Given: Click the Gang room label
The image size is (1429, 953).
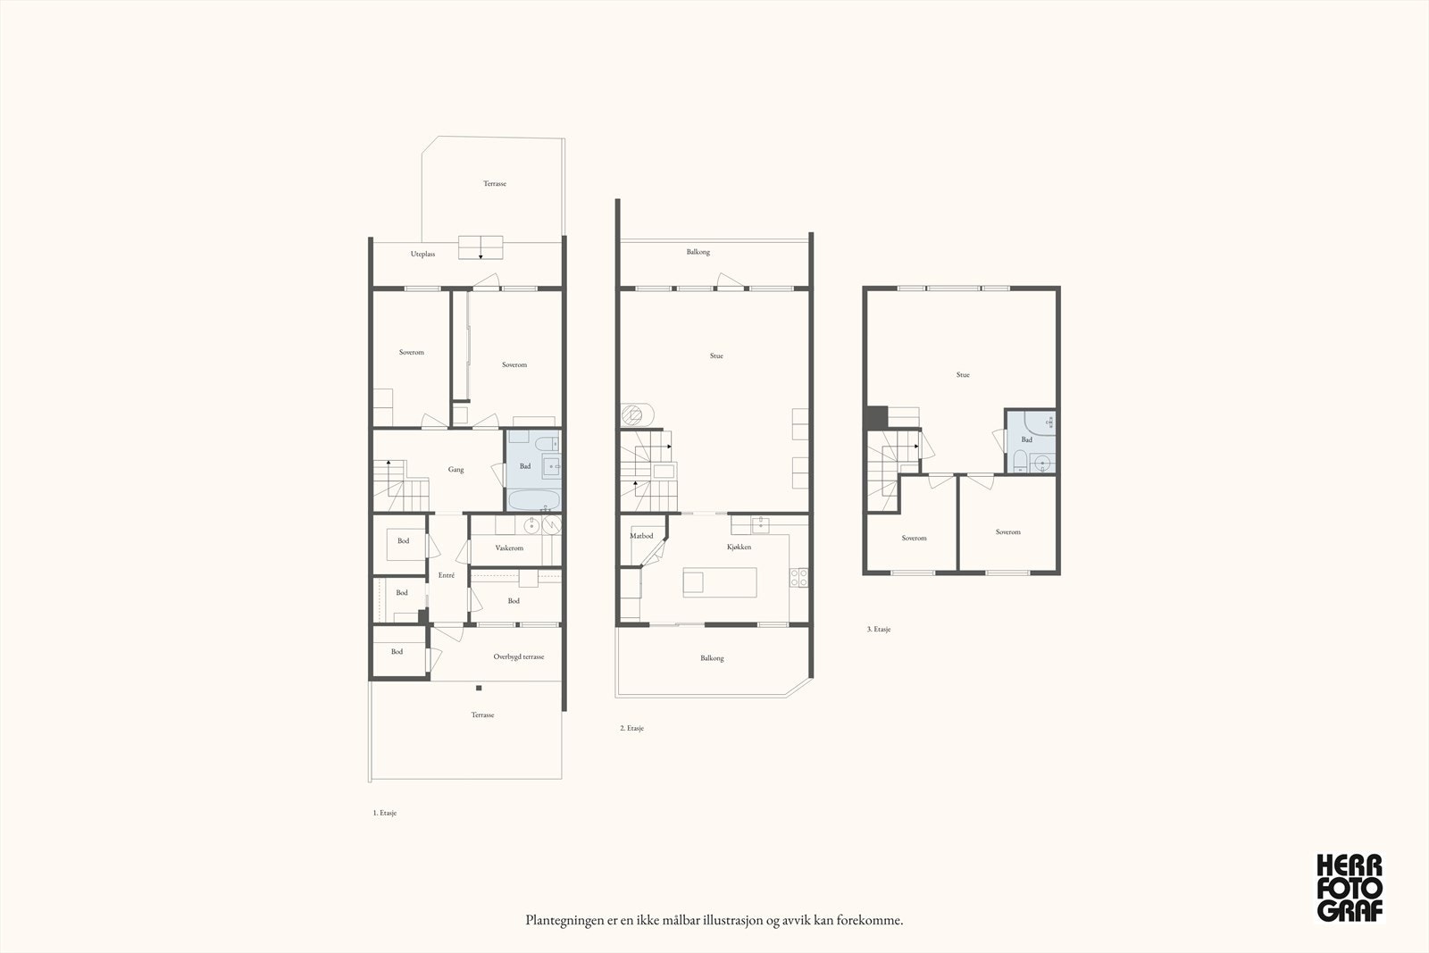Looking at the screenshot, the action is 455,470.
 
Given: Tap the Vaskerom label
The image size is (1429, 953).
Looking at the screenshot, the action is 509,548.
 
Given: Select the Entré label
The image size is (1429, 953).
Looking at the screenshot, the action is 447,575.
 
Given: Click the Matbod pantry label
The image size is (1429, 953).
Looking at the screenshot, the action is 641,536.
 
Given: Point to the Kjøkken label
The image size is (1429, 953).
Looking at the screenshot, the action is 739,547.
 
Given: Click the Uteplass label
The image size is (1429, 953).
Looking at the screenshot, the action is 423,254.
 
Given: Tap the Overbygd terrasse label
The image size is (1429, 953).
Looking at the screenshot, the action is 519,657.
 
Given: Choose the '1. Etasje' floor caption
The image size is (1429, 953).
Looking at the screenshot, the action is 385,813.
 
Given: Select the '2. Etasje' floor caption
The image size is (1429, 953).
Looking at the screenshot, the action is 631,728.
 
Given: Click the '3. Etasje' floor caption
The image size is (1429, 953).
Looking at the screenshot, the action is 879,629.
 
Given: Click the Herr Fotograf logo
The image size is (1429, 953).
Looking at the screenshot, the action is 1350,888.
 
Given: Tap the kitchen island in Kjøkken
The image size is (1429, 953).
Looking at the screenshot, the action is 720,582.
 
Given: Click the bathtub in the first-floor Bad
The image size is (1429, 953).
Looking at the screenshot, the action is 534,498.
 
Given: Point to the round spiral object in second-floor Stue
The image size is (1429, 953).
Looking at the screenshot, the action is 638,414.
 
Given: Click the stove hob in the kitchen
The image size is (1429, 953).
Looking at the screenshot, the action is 798,578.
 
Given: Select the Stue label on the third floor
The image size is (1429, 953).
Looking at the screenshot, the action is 963,375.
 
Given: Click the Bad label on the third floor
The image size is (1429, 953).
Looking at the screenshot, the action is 1026,439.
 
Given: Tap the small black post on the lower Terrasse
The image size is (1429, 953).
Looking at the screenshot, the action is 479,689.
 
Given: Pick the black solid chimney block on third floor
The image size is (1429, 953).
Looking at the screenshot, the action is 877,418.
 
